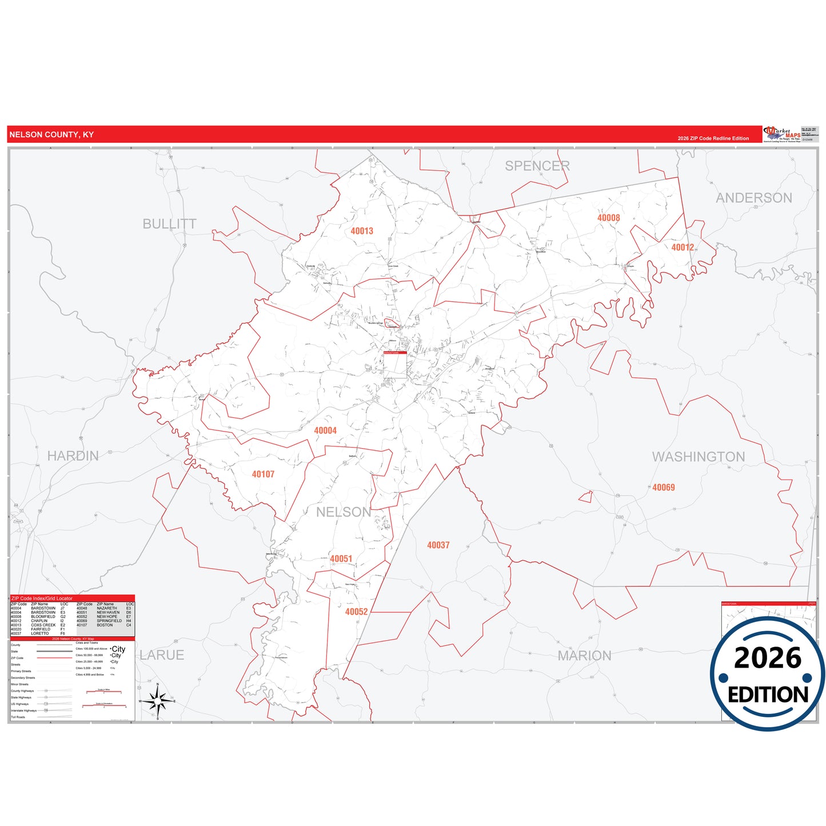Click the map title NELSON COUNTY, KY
[x=51, y=135]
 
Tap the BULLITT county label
[x=169, y=224]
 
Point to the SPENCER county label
[x=537, y=166]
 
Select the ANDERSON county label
[x=753, y=198]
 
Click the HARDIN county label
[x=73, y=456]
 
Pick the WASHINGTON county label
[x=698, y=457]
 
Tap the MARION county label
[x=584, y=656]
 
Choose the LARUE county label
[x=162, y=655]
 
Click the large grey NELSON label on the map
[x=343, y=512]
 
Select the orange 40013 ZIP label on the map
[x=362, y=231]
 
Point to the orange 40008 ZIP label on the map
[x=608, y=218]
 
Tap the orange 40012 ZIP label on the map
[x=682, y=248]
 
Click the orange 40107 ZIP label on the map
[x=263, y=474]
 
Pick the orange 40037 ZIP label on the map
[x=438, y=545]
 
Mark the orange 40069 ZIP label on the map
[x=663, y=488]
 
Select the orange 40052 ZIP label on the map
[x=356, y=612]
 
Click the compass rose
[x=157, y=700]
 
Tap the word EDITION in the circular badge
[x=768, y=695]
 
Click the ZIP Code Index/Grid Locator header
[x=42, y=598]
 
